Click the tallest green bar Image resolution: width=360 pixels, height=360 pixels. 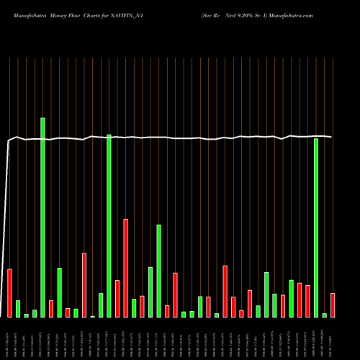pos(42,216)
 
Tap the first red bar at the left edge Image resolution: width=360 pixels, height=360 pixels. pos(9,293)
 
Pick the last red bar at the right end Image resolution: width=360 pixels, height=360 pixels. pos(333,305)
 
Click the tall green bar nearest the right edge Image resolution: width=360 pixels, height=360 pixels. pos(316,227)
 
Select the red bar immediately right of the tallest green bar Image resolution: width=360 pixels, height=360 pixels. pos(51,308)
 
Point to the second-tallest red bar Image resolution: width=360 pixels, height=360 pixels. pos(84,284)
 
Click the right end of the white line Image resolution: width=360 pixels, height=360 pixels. pos(331,137)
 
